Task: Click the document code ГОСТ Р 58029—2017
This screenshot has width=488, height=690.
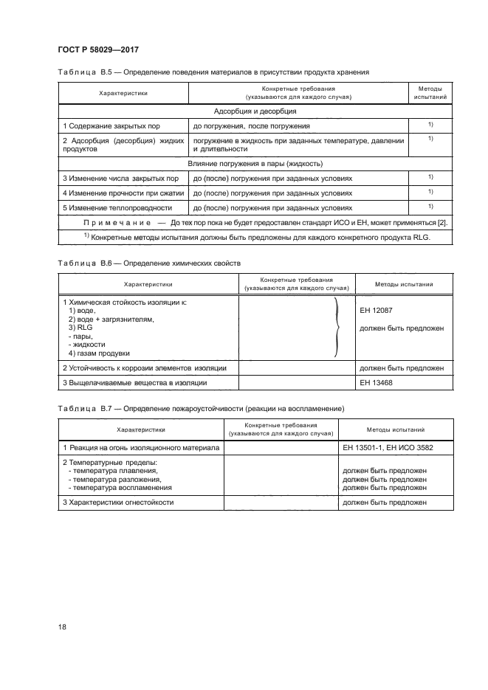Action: click(x=97, y=49)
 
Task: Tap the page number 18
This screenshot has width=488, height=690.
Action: click(x=62, y=627)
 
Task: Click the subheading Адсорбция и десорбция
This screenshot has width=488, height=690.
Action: click(x=255, y=111)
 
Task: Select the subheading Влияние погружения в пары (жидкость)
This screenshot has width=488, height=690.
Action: click(x=255, y=163)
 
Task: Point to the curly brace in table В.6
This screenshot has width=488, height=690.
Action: click(x=337, y=325)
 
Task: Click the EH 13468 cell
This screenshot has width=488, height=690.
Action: click(x=375, y=382)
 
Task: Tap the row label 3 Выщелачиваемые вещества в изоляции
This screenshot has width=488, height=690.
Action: click(x=134, y=382)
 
